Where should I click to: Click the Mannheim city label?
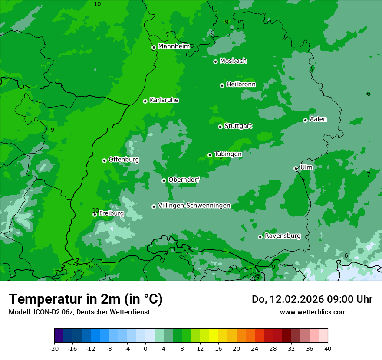(x=174, y=46)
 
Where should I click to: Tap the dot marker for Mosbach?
(x=215, y=62)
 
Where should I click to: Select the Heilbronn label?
(x=241, y=85)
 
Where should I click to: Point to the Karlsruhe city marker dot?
(x=145, y=101)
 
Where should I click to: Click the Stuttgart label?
(x=238, y=126)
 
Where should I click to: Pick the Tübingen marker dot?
(x=210, y=155)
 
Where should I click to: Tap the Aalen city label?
(x=318, y=119)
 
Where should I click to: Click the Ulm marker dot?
(x=296, y=168)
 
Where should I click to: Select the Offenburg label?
(x=124, y=160)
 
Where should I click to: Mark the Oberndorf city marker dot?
(x=164, y=180)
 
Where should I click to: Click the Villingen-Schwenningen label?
(x=194, y=206)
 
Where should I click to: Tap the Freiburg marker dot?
(x=95, y=214)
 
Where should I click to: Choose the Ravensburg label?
(x=283, y=236)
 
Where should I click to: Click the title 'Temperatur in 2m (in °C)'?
(x=86, y=299)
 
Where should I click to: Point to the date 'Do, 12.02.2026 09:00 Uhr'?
(x=312, y=299)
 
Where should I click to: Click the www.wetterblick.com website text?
(x=313, y=312)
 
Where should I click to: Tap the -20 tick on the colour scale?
(x=54, y=348)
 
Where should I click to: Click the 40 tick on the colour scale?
(x=328, y=348)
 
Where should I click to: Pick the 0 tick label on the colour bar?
(x=145, y=348)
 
